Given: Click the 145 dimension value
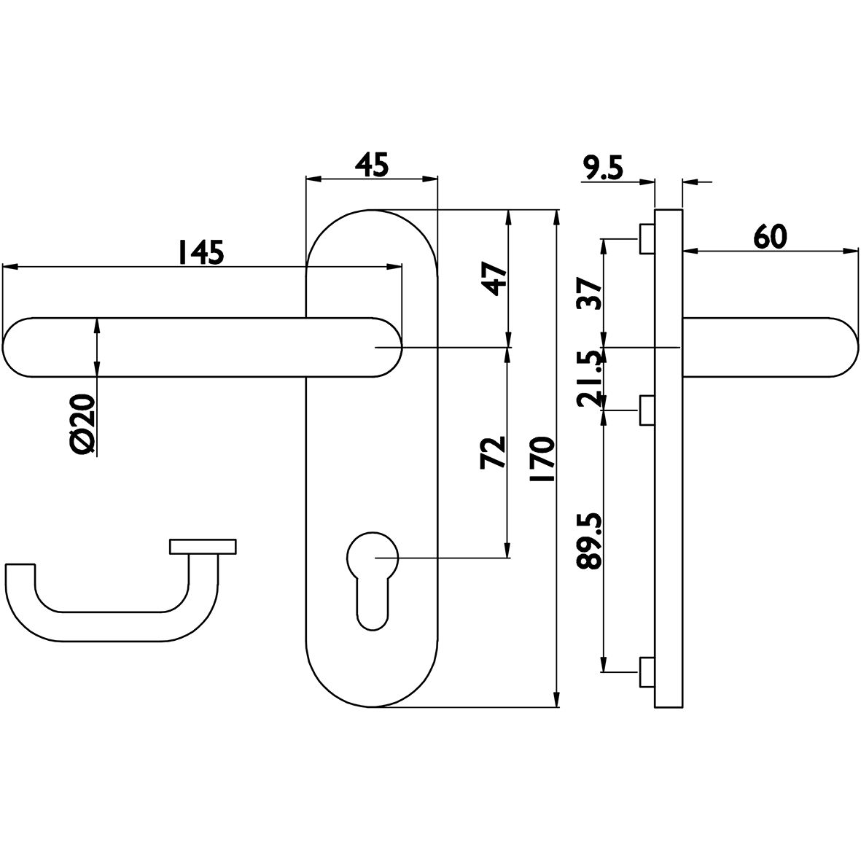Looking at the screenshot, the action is click(x=200, y=252).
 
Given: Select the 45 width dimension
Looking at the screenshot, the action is click(x=373, y=165).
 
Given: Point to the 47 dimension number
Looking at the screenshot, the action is click(x=493, y=279).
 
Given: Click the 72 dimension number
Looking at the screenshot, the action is click(x=493, y=453).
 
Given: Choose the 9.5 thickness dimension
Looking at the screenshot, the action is click(x=602, y=168).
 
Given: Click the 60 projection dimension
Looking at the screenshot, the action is click(x=770, y=238).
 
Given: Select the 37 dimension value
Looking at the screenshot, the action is click(x=588, y=294).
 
